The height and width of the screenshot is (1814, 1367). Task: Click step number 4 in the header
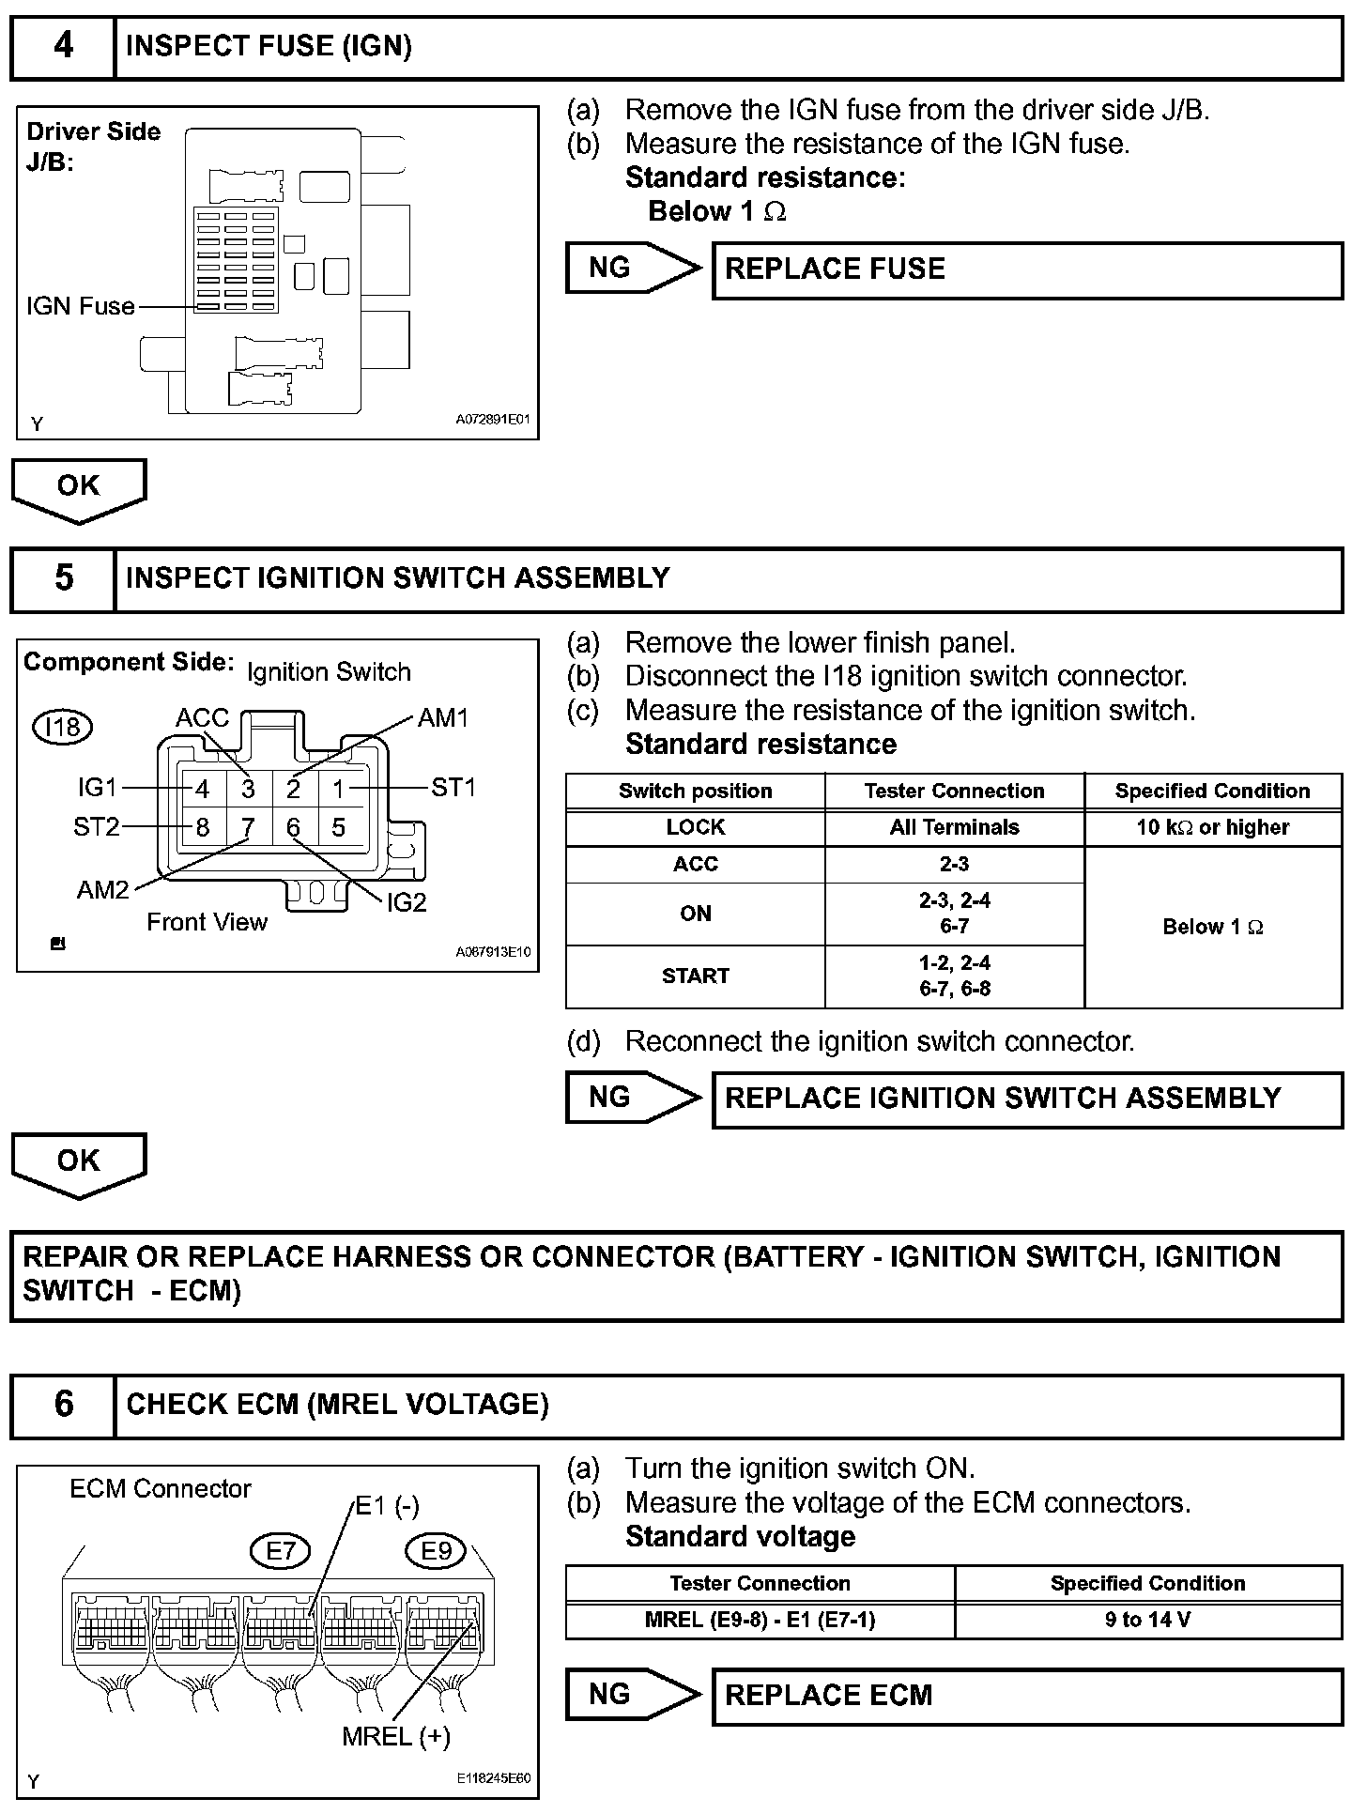click(63, 47)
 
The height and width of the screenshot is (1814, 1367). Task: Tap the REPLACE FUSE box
click(1027, 270)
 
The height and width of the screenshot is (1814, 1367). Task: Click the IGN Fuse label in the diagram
click(81, 307)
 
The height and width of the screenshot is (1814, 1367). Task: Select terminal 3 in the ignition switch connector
click(248, 790)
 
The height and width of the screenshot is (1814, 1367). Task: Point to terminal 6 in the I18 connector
click(293, 827)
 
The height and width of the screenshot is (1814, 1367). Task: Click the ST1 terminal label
click(453, 788)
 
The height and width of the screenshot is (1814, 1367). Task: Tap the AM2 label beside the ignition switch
click(102, 890)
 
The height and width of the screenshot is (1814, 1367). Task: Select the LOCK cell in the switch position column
click(695, 827)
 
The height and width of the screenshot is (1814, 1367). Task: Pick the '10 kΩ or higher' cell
click(1212, 827)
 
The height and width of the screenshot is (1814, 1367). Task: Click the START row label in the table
click(695, 976)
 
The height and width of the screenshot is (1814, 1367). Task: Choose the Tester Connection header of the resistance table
click(954, 791)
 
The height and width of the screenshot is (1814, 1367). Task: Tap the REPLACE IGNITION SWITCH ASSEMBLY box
click(1027, 1099)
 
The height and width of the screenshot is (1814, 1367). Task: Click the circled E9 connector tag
click(436, 1551)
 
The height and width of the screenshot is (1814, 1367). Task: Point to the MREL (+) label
click(396, 1737)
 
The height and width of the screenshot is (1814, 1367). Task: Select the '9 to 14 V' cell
click(1147, 1621)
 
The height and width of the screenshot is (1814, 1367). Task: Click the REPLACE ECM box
click(1027, 1696)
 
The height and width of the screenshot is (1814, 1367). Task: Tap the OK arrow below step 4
click(79, 488)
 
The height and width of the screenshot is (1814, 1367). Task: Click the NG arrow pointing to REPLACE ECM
click(630, 1695)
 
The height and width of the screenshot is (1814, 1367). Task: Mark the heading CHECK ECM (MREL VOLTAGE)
click(338, 1405)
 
